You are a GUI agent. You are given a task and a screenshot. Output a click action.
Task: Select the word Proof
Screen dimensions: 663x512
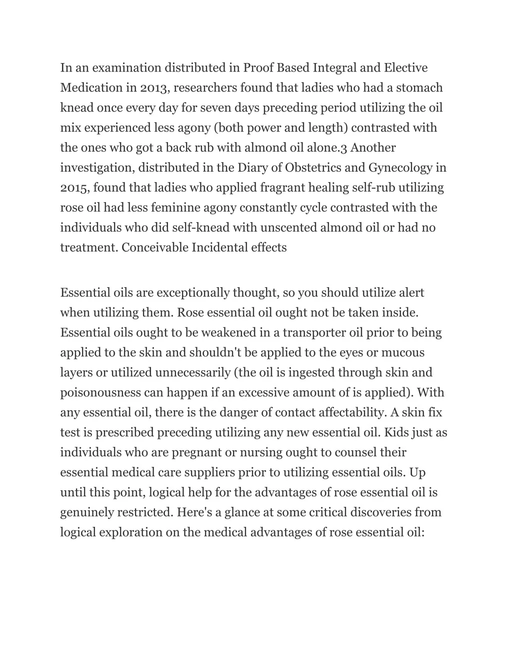click(258, 68)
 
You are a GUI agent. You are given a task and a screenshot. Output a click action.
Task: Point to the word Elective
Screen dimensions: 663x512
click(405, 68)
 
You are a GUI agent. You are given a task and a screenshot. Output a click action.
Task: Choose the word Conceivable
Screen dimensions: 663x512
click(155, 248)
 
